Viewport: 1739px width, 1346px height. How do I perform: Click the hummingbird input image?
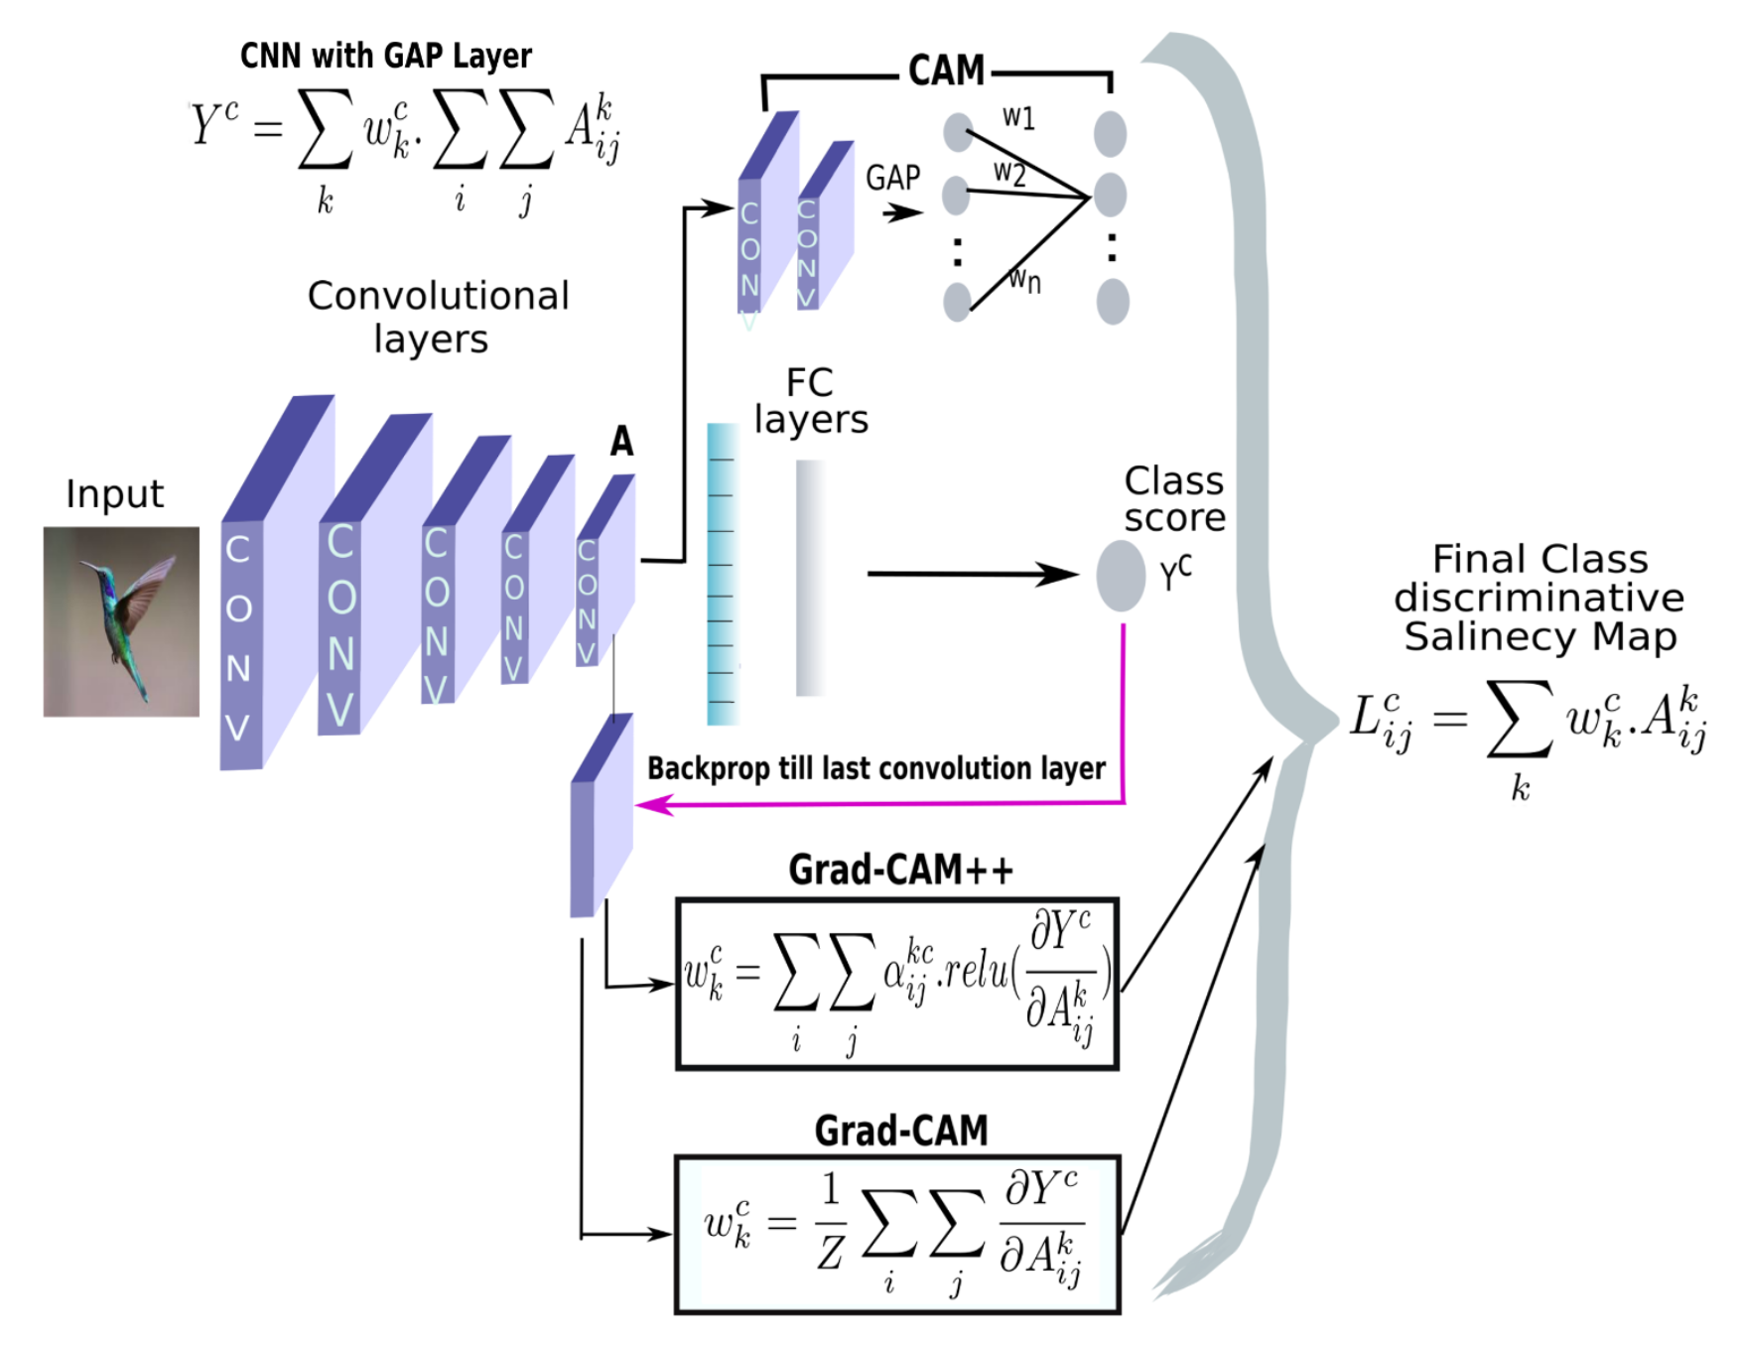121,621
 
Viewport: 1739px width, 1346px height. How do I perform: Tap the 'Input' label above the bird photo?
114,494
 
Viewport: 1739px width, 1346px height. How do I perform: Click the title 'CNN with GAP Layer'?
385,56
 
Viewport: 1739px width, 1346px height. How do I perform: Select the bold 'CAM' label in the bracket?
946,71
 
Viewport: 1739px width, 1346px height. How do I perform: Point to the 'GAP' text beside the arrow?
892,179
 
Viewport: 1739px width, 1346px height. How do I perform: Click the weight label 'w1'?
1018,118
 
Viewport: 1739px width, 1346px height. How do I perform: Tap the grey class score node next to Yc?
1121,576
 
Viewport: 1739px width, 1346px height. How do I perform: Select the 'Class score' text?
1174,499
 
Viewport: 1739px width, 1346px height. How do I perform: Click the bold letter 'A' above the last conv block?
621,441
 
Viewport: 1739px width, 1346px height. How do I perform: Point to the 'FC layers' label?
811,401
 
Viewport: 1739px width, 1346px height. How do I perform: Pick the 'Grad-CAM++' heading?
900,870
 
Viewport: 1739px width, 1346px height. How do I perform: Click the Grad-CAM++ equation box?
897,984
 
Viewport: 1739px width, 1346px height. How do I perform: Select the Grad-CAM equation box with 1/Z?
897,1235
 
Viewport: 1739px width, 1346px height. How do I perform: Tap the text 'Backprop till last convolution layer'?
875,768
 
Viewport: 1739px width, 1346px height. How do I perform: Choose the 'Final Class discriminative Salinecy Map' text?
1539,598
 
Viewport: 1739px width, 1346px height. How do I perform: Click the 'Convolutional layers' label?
437,317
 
